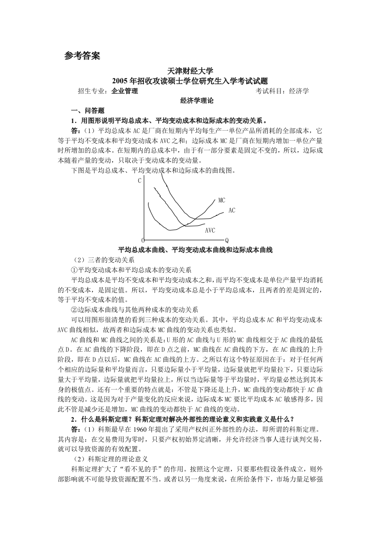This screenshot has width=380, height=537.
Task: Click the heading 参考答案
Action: pyautogui.click(x=82, y=56)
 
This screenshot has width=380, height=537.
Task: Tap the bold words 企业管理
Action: pyautogui.click(x=125, y=90)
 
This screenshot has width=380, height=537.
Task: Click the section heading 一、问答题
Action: pyautogui.click(x=84, y=111)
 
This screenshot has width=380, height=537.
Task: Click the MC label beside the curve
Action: pyautogui.click(x=221, y=200)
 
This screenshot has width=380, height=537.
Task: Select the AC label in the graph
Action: pyautogui.click(x=232, y=210)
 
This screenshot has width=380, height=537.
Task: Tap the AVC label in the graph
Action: pyautogui.click(x=210, y=231)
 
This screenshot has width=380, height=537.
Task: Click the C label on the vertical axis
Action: pyautogui.click(x=140, y=181)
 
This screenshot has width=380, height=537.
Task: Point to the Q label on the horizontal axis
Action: pyautogui.click(x=227, y=240)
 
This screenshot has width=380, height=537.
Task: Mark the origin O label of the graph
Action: pyautogui.click(x=142, y=240)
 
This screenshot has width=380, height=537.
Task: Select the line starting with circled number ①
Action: pyautogui.click(x=131, y=270)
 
